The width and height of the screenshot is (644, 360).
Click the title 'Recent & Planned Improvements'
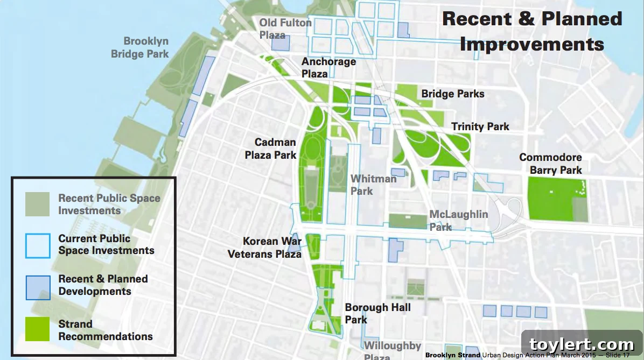coord(532,31)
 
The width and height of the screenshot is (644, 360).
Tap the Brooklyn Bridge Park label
coord(140,47)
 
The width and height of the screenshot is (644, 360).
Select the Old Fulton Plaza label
coord(285,29)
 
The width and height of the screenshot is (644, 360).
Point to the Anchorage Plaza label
coord(328,67)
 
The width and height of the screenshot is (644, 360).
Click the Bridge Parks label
coord(453,94)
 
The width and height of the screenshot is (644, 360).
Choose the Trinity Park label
coord(480,126)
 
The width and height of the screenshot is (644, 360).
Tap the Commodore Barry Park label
coord(550,164)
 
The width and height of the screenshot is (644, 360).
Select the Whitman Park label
coord(373,184)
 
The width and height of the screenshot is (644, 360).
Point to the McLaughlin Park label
coord(459,220)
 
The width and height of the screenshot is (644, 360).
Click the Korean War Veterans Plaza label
coord(264,248)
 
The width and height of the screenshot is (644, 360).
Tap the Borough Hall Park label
coord(377,313)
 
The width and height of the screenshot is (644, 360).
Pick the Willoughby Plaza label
coord(393,350)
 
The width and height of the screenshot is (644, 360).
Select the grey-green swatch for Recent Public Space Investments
coord(37,204)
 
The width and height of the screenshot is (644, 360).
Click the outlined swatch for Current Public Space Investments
coord(37,245)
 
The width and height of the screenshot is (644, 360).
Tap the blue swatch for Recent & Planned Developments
coord(37,286)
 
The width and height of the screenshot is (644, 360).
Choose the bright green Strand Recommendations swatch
coord(37,329)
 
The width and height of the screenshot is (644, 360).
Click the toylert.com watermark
coord(582,344)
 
